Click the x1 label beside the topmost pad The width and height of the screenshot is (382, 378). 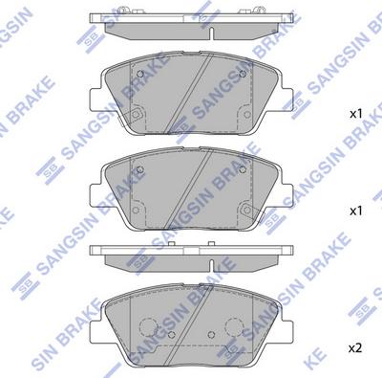coord(356,114)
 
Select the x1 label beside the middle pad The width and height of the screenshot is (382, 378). coord(356,210)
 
